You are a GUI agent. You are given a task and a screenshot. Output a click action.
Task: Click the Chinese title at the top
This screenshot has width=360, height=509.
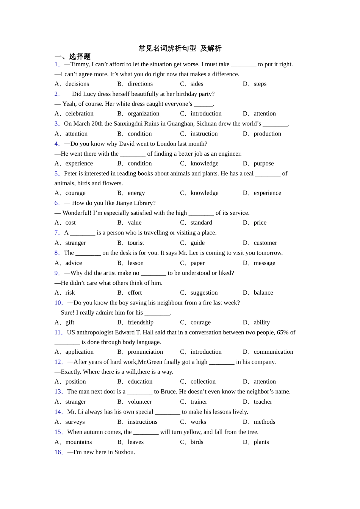[x=180, y=48]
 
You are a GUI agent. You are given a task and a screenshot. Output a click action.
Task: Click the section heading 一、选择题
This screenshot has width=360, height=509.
[x=73, y=56]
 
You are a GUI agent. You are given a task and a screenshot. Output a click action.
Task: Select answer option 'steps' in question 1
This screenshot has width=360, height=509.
[x=260, y=84]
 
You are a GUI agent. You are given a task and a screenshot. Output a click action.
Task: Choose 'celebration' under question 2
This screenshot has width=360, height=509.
[x=79, y=114]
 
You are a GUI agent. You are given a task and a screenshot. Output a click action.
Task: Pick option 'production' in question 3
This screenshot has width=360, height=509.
[x=267, y=134]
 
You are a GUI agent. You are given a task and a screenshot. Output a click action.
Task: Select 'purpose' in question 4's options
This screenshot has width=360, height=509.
[x=263, y=163]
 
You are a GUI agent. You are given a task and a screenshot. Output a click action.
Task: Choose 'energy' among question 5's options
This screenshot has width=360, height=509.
[x=136, y=193]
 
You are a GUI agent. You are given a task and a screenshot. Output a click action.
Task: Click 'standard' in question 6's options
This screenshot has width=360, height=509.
[x=201, y=222]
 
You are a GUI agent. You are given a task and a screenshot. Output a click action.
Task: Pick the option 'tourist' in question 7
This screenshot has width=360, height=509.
[x=136, y=243]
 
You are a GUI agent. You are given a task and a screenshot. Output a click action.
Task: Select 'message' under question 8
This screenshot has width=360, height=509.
[x=264, y=263]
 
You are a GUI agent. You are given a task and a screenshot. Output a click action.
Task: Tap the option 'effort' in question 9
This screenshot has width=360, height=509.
[x=135, y=292]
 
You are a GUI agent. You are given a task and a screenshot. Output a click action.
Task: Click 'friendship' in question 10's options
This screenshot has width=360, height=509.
[x=141, y=322]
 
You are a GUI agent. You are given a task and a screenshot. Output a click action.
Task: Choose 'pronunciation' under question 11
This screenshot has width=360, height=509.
[x=145, y=352]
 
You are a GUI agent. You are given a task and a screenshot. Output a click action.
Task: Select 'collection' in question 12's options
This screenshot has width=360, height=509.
[x=203, y=381]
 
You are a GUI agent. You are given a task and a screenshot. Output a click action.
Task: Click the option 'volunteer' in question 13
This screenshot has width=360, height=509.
[x=139, y=401]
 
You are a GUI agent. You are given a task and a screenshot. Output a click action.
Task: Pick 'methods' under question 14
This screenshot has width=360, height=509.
[x=264, y=422]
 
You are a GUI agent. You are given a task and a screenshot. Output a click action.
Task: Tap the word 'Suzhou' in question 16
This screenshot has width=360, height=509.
[x=124, y=452]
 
